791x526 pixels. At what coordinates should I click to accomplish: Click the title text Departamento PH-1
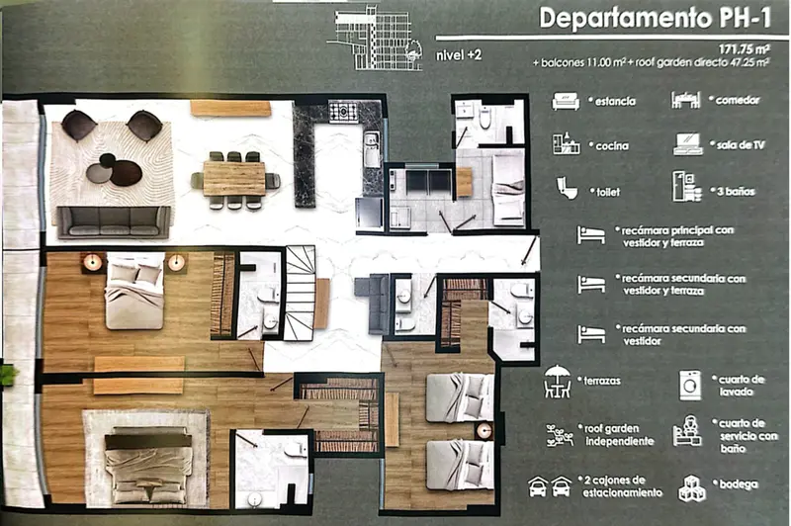click(656, 18)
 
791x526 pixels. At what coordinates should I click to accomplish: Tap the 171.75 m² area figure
click(745, 49)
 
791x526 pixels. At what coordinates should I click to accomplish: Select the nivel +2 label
click(458, 55)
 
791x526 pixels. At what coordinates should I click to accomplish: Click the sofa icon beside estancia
click(566, 101)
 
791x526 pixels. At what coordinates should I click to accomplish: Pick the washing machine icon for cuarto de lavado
click(690, 386)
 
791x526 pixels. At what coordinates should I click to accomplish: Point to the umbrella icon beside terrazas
click(558, 382)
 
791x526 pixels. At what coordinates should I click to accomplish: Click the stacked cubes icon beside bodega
click(691, 488)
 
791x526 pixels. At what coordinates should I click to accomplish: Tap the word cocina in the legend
click(612, 146)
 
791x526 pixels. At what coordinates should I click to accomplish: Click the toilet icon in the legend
click(567, 188)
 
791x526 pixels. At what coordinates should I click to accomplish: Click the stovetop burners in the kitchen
click(343, 112)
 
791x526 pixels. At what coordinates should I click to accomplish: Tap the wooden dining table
click(234, 178)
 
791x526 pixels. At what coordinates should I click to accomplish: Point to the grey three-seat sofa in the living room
click(114, 221)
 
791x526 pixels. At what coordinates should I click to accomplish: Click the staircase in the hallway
click(301, 293)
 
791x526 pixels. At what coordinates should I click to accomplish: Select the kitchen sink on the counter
click(372, 149)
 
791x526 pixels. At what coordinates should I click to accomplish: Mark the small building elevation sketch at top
click(375, 38)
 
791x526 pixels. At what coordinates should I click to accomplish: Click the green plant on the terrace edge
click(9, 375)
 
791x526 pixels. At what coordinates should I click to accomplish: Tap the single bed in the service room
click(508, 190)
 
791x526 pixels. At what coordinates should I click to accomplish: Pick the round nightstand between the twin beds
click(484, 430)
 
